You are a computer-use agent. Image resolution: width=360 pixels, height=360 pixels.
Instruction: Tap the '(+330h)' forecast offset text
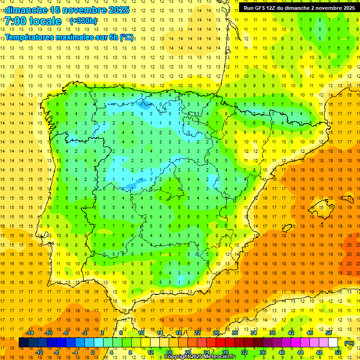[x=83, y=21]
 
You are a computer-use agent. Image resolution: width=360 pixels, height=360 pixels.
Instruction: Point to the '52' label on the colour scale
[x=338, y=352]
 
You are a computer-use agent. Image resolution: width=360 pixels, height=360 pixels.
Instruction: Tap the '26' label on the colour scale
[x=216, y=333]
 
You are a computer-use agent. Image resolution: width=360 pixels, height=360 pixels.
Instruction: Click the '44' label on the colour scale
[x=300, y=352]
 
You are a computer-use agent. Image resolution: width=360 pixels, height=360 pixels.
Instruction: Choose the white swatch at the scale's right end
[x=333, y=343]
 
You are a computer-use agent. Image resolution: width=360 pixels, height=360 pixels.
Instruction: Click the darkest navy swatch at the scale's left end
[x=24, y=343]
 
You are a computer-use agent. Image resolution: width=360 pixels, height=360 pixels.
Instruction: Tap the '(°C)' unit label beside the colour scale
[x=349, y=343]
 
